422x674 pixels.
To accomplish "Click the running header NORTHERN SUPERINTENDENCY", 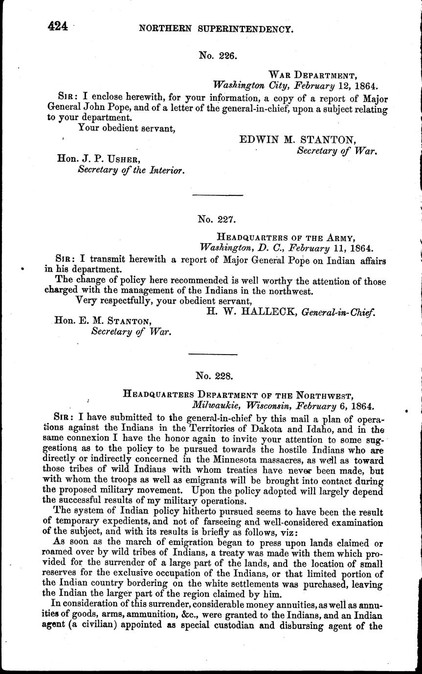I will tap(216, 29).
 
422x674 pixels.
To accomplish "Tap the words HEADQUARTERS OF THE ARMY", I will tap(285, 238).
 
